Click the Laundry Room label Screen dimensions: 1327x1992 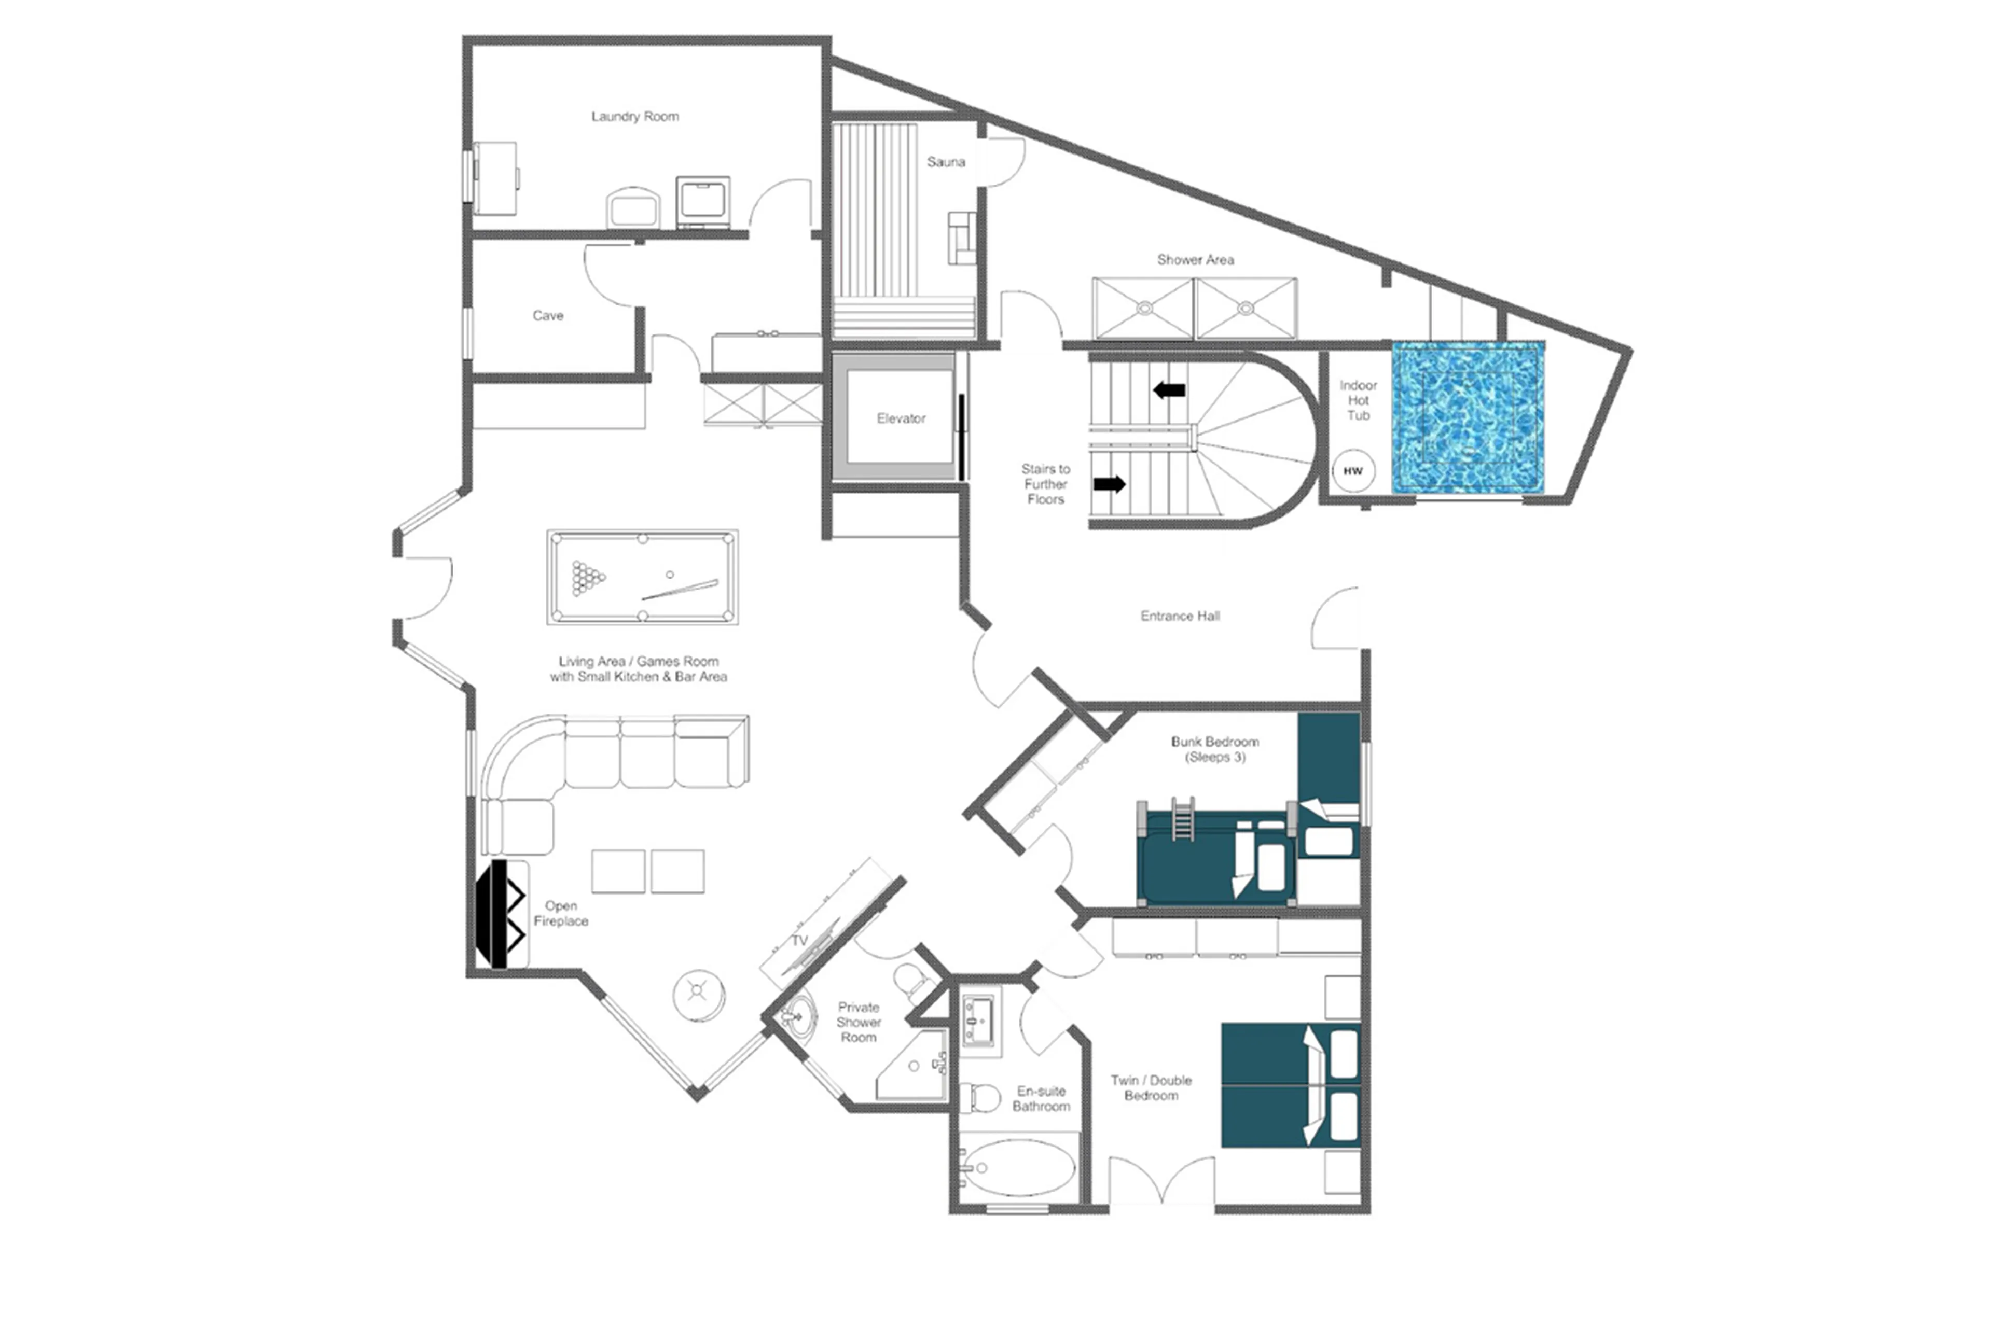[x=635, y=117]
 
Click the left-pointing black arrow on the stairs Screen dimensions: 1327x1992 [x=1169, y=390]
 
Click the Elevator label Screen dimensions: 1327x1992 [x=901, y=418]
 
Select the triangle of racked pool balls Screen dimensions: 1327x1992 [x=588, y=578]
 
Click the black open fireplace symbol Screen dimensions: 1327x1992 [x=500, y=914]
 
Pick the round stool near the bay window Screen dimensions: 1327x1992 [x=698, y=994]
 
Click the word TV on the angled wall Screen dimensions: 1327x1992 [x=799, y=941]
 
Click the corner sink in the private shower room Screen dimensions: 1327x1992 [x=796, y=1013]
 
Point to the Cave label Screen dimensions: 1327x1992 [x=548, y=316]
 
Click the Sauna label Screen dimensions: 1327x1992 [x=946, y=162]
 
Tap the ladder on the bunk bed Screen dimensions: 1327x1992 [x=1182, y=818]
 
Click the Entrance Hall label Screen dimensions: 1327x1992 [x=1179, y=616]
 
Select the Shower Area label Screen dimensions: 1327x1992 [x=1195, y=260]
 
